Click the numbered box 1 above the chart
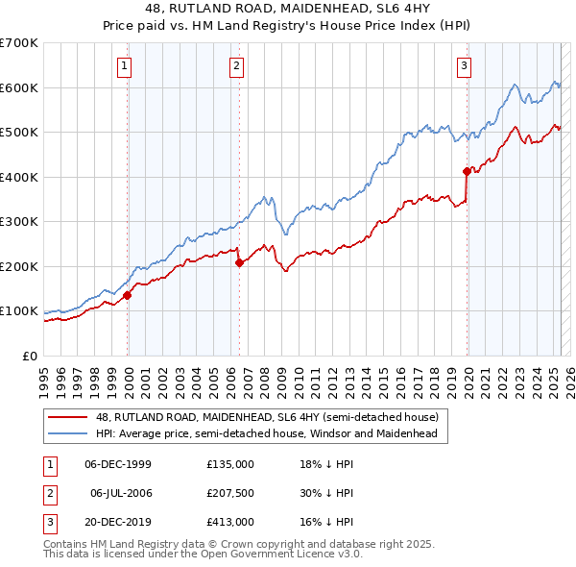click(x=126, y=66)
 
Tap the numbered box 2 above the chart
click(x=236, y=66)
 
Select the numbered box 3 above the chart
click(x=464, y=66)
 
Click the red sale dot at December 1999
click(x=127, y=296)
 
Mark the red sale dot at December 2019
click(x=467, y=172)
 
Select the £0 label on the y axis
click(x=28, y=356)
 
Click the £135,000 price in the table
click(x=230, y=464)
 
